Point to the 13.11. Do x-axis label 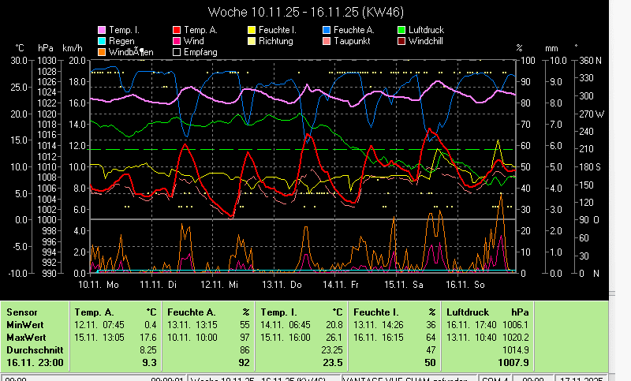282,284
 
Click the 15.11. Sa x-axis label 403,284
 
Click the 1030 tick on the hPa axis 47,60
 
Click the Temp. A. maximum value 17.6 148,336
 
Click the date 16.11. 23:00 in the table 35,362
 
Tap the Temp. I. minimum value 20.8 334,323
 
